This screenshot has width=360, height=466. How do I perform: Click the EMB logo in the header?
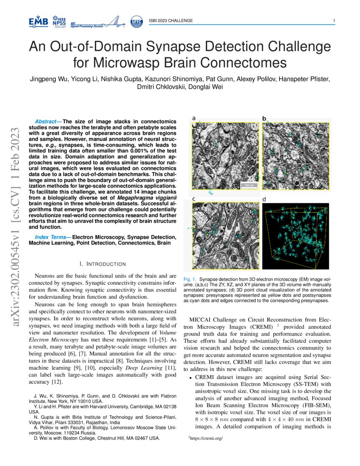coord(38,21)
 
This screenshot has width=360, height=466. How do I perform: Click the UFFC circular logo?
coord(136,21)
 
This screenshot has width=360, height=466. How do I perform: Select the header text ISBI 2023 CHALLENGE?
coord(171,21)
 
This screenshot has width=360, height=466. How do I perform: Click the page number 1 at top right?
coord(334,21)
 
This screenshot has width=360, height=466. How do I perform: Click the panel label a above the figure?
coord(194,118)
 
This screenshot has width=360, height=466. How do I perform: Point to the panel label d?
coord(264,199)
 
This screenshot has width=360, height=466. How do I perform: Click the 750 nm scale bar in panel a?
coord(249,185)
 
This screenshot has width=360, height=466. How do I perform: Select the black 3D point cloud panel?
coord(296,236)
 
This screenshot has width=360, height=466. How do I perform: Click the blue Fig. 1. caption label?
coord(190,280)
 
